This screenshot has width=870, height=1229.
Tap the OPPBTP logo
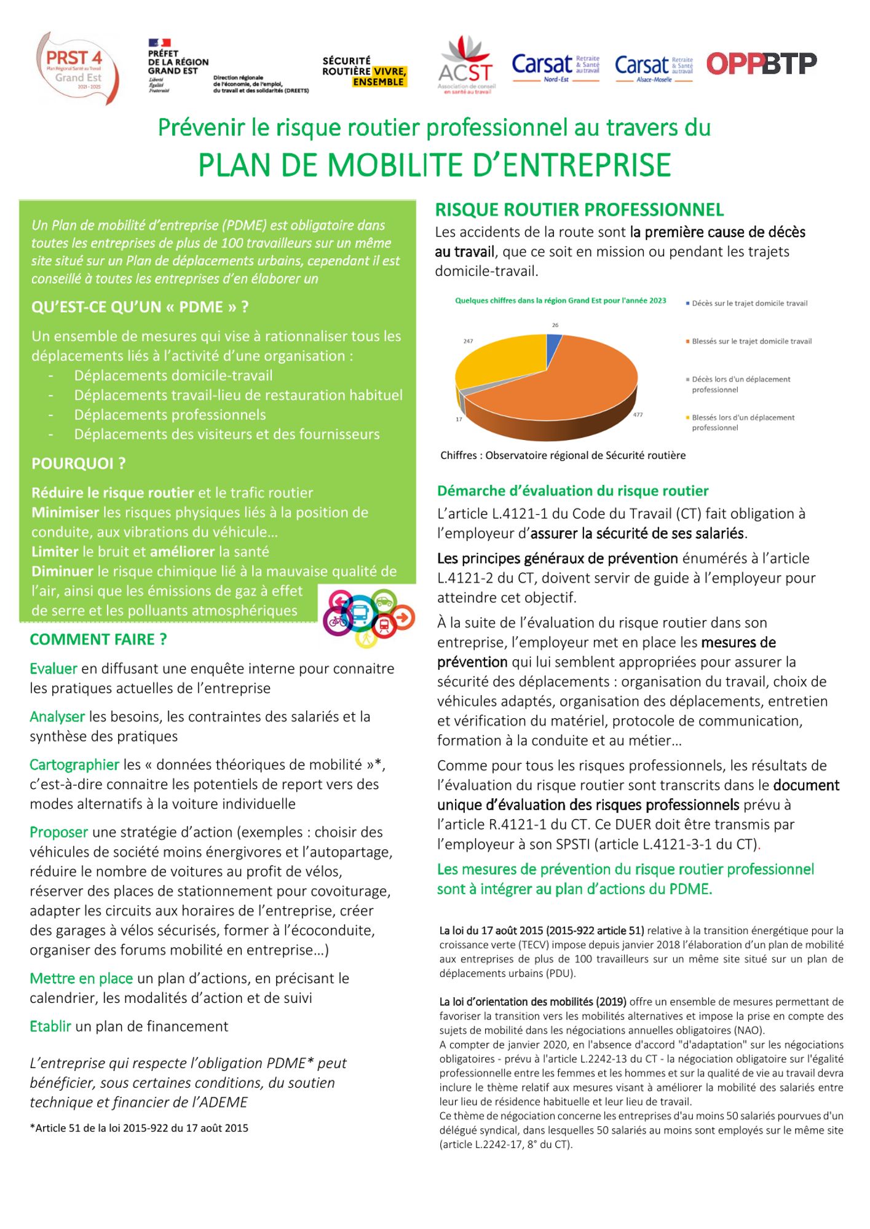tap(761, 63)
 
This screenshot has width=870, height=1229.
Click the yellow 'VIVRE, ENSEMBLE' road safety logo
tap(365, 71)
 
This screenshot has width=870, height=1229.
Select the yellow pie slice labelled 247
tap(498, 363)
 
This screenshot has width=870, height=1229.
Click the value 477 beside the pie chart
tap(638, 415)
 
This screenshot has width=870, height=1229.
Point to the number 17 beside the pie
tap(459, 419)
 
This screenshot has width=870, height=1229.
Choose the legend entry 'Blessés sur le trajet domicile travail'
tap(751, 341)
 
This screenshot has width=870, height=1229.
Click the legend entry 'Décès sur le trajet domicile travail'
tap(749, 303)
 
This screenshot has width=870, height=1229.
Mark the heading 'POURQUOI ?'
tap(78, 463)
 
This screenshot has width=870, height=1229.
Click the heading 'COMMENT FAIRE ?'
tap(98, 639)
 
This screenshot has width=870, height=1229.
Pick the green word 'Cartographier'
tap(74, 764)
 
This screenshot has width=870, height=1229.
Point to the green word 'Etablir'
tap(50, 1026)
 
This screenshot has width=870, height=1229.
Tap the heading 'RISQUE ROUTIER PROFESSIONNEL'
tap(579, 210)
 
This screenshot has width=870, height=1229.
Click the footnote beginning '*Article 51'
tap(139, 1128)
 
